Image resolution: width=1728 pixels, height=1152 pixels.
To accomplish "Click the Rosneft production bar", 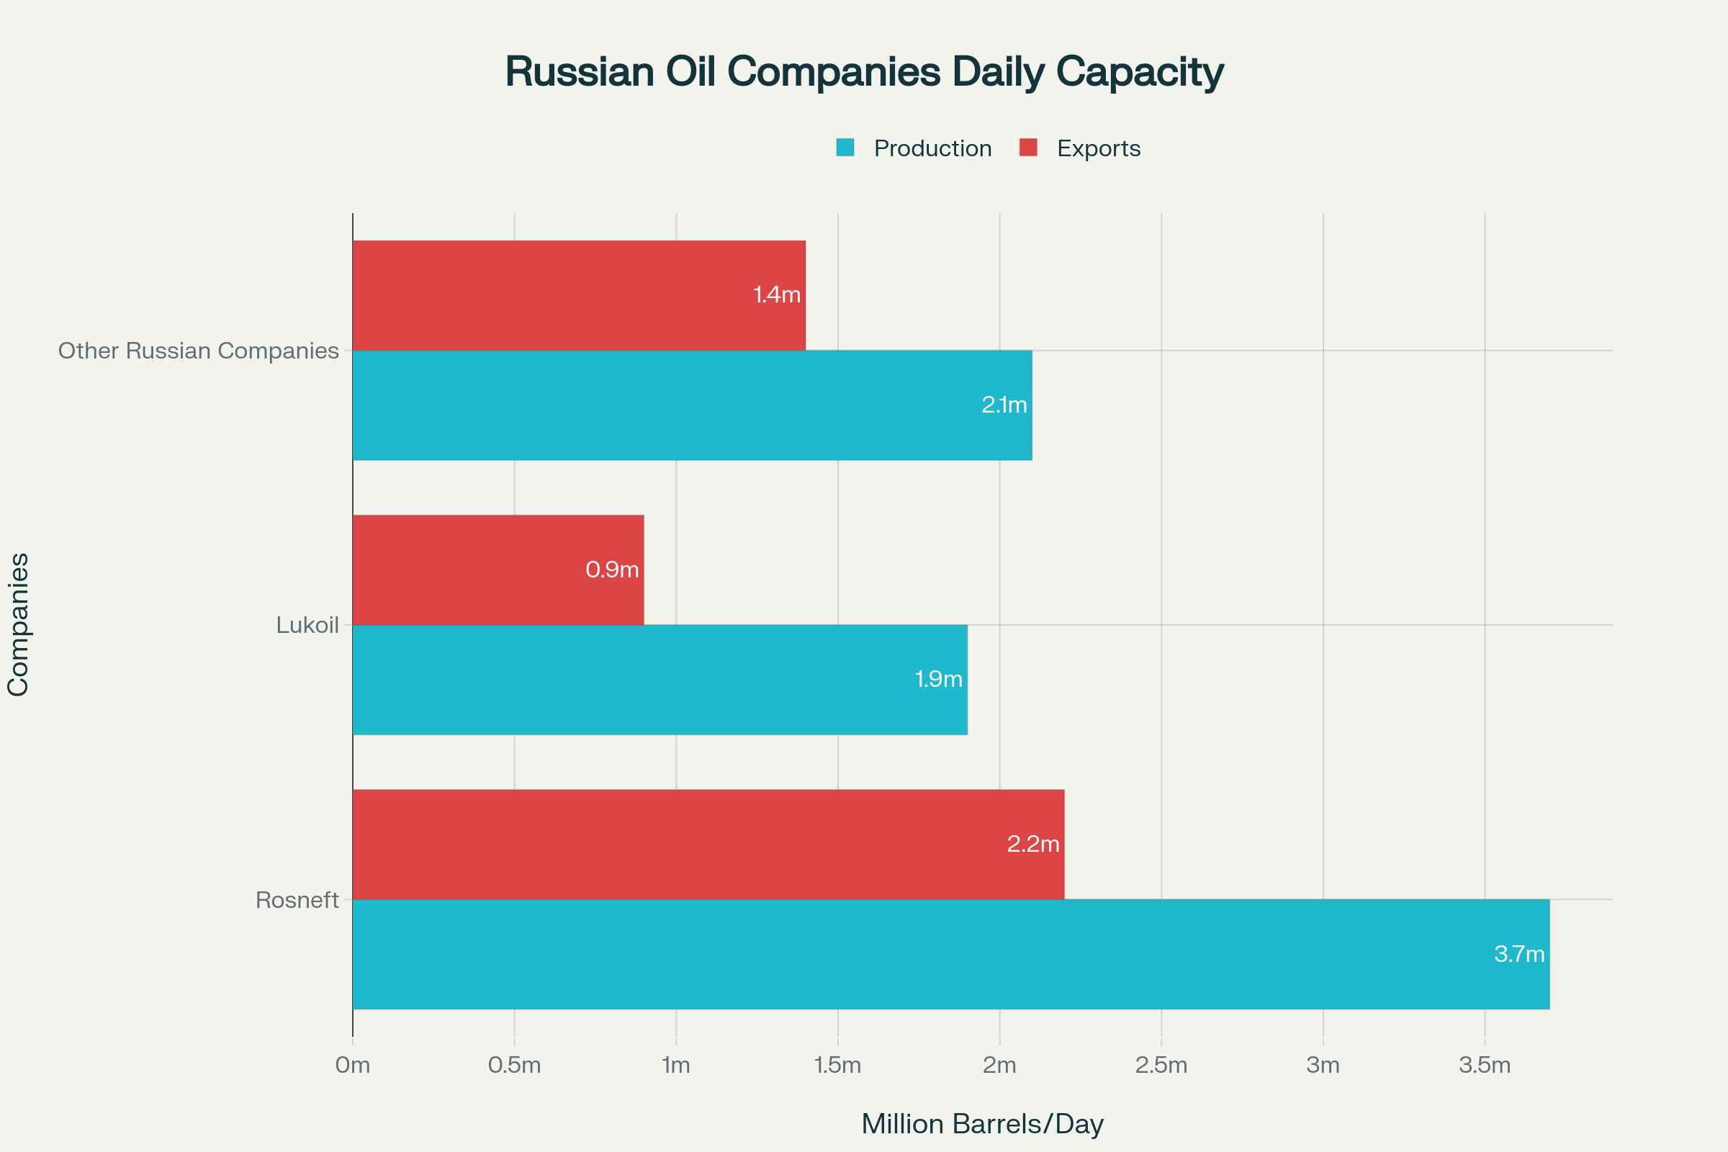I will tap(950, 953).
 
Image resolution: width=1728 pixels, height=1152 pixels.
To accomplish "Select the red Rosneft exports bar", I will tap(708, 844).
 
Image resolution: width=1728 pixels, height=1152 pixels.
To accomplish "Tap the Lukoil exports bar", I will tap(498, 570).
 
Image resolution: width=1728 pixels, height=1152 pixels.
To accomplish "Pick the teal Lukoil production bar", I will tap(660, 680).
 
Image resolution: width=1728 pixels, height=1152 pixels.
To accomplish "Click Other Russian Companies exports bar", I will tap(579, 295).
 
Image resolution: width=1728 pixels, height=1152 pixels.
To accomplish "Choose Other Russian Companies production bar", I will tap(692, 405).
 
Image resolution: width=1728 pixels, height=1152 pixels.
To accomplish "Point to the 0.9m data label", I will tap(612, 570).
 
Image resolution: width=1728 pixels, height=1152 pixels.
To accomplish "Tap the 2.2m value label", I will tap(1033, 844).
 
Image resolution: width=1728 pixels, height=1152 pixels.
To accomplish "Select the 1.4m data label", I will tap(777, 295).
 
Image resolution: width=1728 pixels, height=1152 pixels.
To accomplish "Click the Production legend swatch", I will tap(845, 148).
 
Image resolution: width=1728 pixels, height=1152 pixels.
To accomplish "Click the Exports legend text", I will tap(1099, 148).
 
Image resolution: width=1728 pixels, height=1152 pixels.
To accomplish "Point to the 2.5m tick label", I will tap(1161, 1066).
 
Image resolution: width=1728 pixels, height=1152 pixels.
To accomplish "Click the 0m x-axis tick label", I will tap(353, 1066).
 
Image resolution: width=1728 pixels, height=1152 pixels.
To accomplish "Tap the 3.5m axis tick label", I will tap(1484, 1066).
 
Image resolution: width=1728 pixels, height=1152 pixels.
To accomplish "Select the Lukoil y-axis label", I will tap(307, 625).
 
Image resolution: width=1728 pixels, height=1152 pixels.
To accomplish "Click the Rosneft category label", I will tap(297, 900).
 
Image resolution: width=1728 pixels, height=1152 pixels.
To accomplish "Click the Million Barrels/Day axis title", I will tap(982, 1124).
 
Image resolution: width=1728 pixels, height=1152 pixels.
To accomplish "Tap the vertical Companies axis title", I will tap(17, 624).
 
